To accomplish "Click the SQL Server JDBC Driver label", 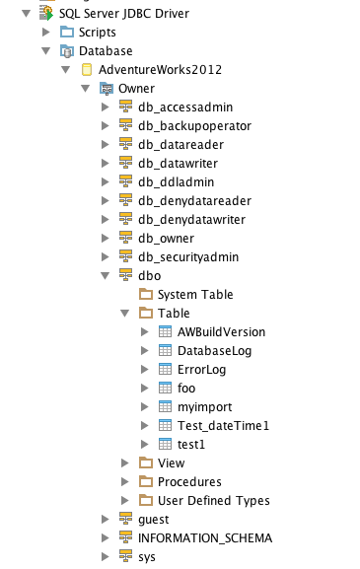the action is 124,14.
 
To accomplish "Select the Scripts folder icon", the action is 67,32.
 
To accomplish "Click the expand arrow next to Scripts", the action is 45,32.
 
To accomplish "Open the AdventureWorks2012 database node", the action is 160,70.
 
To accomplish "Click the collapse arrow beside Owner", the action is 85,88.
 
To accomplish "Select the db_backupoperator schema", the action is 194,126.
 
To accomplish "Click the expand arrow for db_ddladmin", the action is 105,181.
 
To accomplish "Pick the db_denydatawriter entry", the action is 191,220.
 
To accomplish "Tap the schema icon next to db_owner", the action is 125,238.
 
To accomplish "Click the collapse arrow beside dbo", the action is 105,276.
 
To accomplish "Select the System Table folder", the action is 195,295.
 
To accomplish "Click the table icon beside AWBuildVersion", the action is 165,331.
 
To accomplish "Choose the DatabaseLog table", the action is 214,351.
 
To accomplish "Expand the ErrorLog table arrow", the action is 144,370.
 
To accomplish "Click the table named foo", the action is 186,389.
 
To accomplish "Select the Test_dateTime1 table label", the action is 223,426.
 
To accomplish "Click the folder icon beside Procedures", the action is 146,481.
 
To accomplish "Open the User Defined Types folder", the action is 214,501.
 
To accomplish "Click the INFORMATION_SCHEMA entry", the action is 205,538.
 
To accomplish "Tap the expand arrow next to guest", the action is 105,520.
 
